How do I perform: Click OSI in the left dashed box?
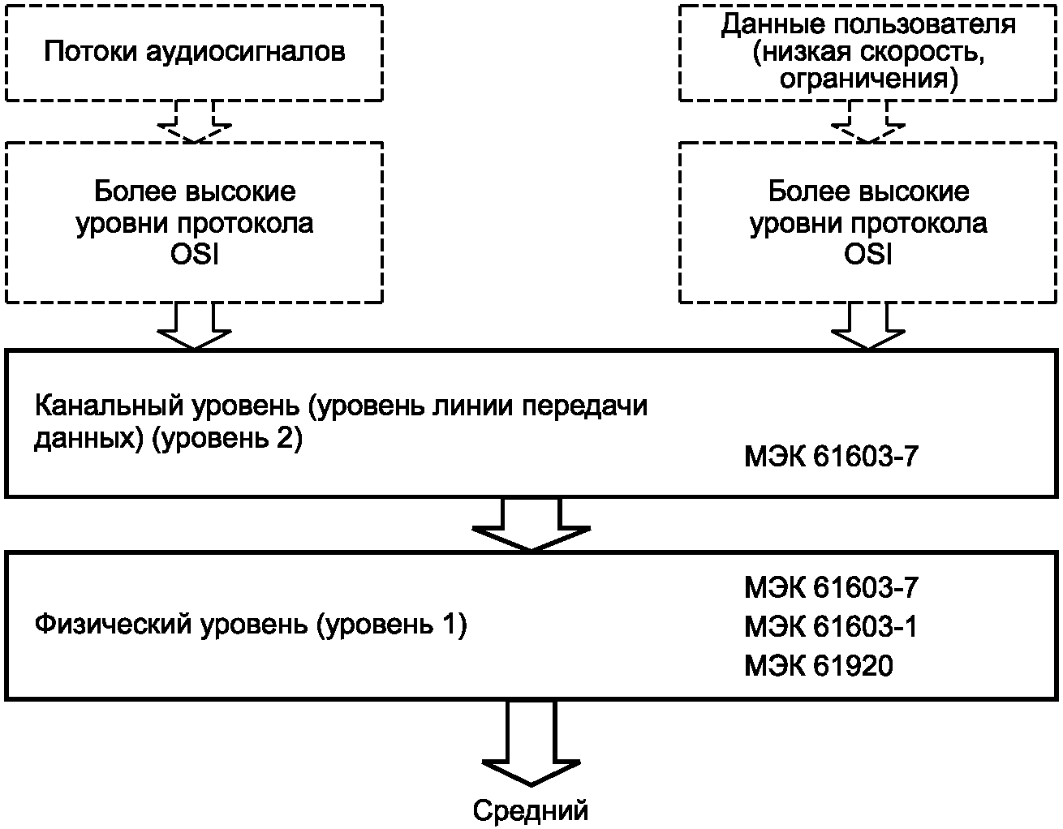pos(194,254)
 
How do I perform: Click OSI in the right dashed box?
pos(867,254)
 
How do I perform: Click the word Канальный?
pos(109,406)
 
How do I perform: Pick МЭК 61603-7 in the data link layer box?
pos(831,456)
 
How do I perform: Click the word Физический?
pos(113,625)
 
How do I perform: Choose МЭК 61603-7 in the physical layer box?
pos(831,587)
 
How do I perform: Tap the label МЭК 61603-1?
pos(831,626)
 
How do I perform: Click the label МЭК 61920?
pos(819,665)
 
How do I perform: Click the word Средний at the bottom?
pos(530,810)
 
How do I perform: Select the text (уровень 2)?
pos(227,438)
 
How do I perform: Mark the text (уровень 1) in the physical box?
pos(391,625)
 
